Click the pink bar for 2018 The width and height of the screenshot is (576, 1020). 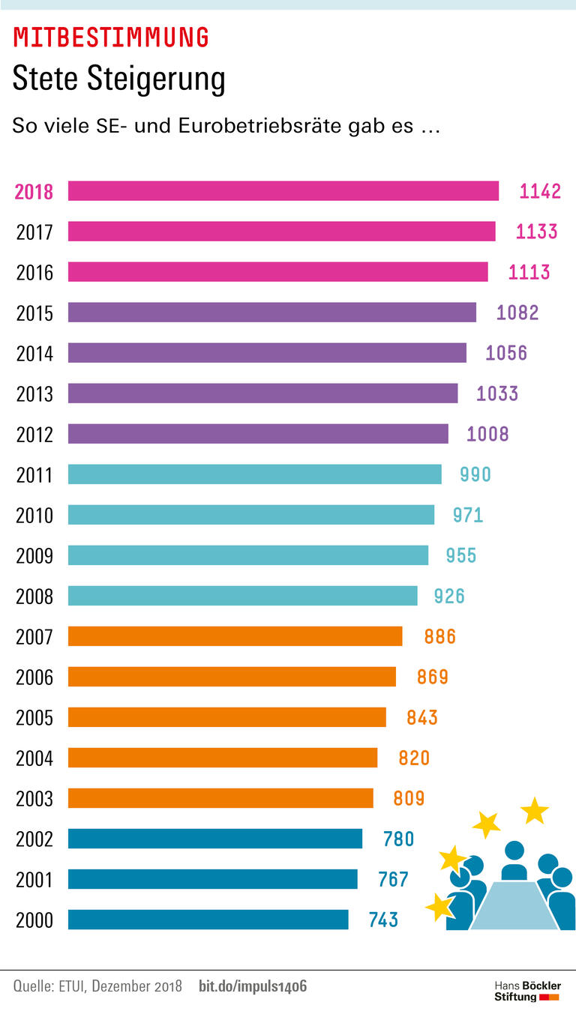coord(283,191)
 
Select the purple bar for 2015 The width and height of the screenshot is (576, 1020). coord(272,313)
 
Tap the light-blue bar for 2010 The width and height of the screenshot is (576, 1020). coord(251,515)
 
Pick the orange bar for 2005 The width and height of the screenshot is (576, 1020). coord(227,717)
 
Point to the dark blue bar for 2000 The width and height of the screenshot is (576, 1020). coord(208,920)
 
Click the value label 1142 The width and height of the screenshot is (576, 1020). coord(540,191)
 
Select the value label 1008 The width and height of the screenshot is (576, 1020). coord(487,434)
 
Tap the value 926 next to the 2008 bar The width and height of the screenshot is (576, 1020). coord(449,596)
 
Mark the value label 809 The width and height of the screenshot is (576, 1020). coord(409,798)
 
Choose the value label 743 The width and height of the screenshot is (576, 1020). coord(383,920)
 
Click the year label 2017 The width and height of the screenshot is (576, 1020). coord(34,232)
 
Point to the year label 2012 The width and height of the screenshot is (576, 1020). coord(34,435)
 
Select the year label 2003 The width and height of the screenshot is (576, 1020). coord(34,799)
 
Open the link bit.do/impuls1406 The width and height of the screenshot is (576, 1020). coord(253,986)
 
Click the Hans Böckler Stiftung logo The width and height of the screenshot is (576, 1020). coord(526,991)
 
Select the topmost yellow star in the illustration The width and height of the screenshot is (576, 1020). coord(535,810)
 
